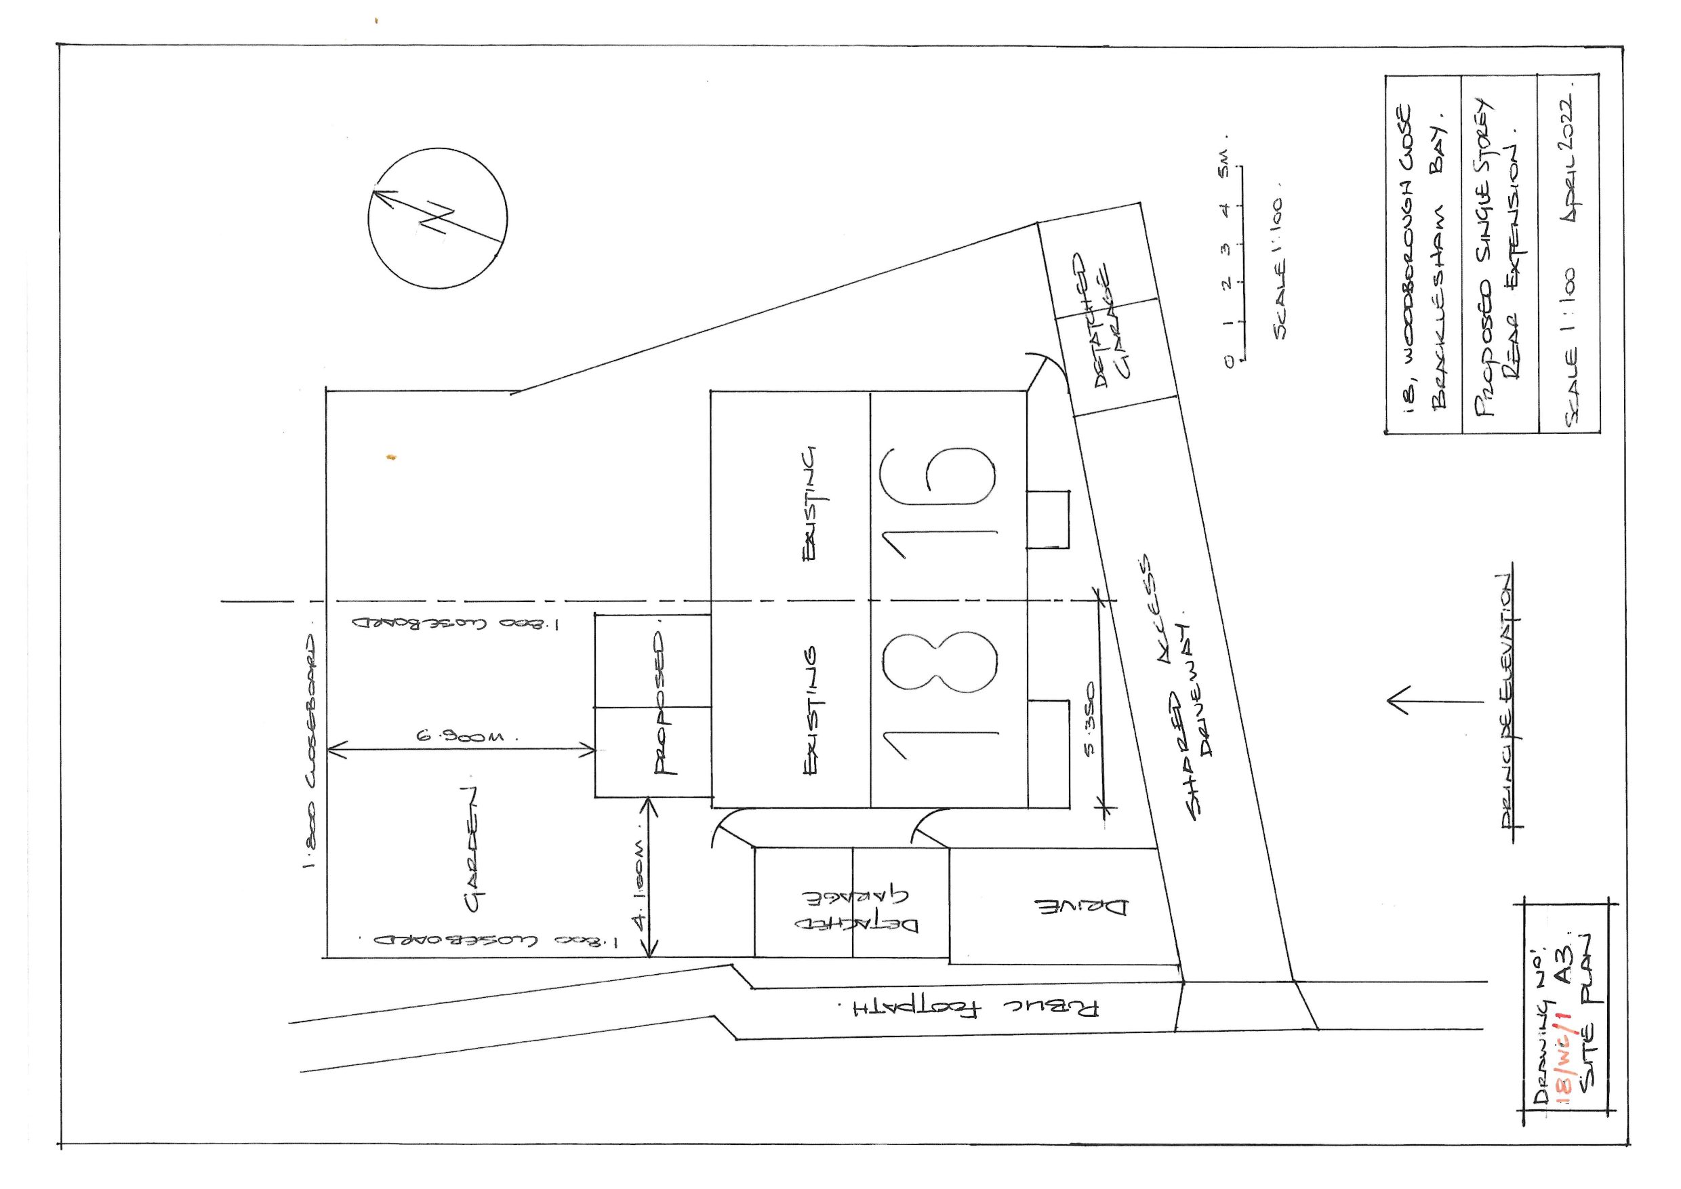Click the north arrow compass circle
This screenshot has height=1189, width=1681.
coord(437,218)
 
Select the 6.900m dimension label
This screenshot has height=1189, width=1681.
coord(466,735)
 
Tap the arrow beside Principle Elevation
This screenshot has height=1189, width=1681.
coord(1434,701)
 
